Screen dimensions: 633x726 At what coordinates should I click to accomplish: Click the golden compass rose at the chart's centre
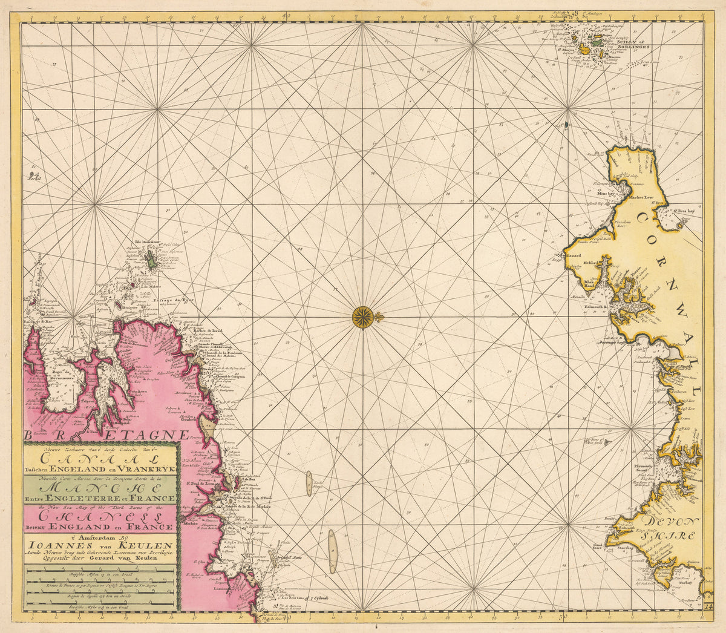[362, 316]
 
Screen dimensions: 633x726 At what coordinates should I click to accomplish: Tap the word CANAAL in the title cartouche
[100, 458]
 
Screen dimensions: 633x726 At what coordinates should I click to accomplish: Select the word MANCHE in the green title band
[100, 487]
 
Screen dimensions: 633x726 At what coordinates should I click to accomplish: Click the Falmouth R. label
[598, 307]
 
